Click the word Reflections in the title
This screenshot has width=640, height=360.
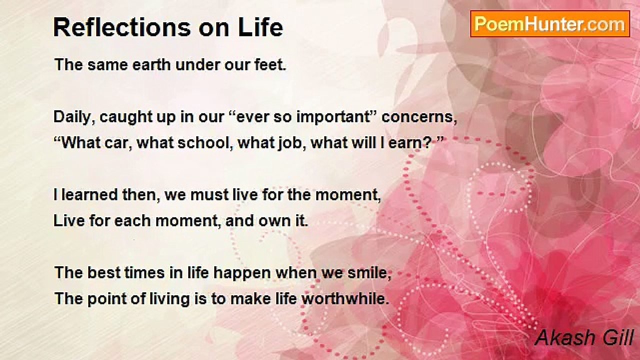coord(122,27)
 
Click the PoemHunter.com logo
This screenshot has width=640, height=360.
coord(550,24)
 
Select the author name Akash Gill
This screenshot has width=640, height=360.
coord(584,337)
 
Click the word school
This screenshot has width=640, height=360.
coord(203,143)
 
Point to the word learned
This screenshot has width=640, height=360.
coord(89,195)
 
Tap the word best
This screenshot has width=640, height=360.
coord(104,272)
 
